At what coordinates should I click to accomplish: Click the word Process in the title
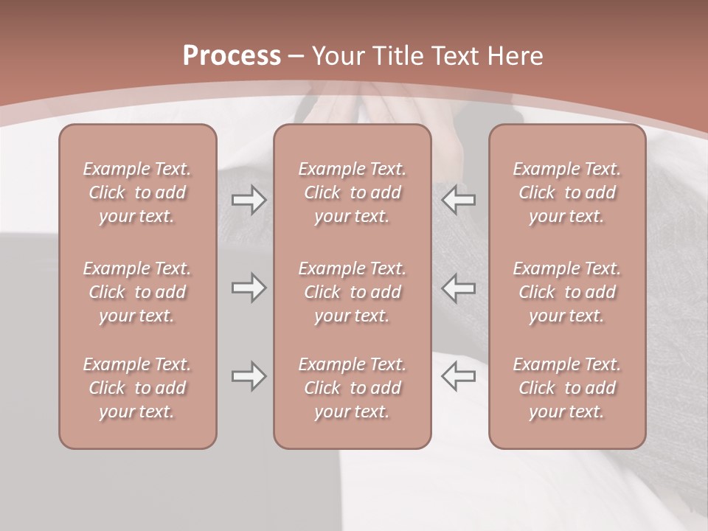point(232,56)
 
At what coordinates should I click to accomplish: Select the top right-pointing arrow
point(249,200)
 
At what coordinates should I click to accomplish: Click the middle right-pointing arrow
point(249,287)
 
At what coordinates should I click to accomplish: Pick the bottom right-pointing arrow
point(249,375)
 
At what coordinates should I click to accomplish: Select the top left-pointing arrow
point(458,200)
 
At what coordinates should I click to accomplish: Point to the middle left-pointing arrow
point(458,287)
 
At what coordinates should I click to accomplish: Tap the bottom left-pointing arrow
point(458,375)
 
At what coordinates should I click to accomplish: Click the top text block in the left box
point(137,192)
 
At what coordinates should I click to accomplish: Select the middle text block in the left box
point(137,292)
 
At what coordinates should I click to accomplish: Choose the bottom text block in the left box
point(137,388)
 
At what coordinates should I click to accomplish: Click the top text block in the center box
point(352,192)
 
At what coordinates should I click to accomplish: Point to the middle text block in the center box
point(352,292)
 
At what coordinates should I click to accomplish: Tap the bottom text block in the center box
point(352,388)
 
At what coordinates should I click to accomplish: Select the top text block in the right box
point(566,192)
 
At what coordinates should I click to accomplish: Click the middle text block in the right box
point(566,292)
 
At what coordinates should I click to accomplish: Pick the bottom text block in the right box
point(566,388)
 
